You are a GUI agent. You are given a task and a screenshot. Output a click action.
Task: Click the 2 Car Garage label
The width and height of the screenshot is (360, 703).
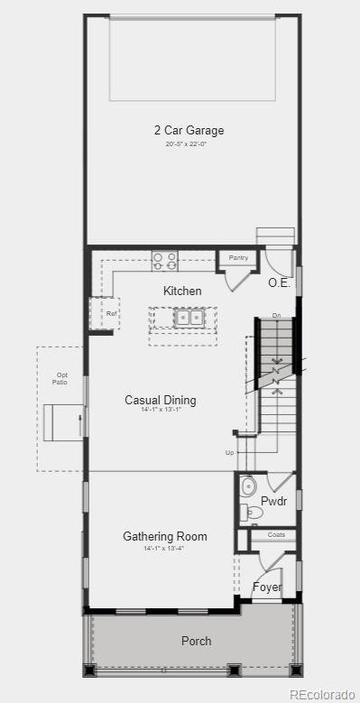189,131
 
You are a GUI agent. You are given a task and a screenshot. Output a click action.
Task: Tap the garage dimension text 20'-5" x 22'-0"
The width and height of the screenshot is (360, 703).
189,144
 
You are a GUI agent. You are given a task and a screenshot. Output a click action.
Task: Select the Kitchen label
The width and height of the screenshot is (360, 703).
182,291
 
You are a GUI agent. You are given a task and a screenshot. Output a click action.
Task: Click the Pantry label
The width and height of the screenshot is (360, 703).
238,258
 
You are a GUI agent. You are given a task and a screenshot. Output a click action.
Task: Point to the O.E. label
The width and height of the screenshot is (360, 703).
279,282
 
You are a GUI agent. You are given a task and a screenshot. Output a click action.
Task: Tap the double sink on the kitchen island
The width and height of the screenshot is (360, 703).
188,317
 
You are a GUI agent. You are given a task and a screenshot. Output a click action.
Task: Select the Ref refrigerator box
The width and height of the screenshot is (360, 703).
112,314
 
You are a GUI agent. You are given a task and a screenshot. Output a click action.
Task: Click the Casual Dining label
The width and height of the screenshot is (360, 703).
160,400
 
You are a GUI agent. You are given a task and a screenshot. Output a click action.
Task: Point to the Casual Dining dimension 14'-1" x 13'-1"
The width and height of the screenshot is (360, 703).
161,412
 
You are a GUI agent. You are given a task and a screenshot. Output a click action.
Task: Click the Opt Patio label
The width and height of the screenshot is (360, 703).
61,378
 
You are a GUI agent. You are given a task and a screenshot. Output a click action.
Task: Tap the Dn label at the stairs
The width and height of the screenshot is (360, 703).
276,316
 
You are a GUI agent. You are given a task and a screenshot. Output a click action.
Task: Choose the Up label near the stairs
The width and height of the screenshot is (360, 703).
230,452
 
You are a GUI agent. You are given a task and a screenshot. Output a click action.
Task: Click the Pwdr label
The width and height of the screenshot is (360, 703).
273,502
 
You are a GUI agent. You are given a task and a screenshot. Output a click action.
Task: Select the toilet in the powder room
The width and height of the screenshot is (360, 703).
253,513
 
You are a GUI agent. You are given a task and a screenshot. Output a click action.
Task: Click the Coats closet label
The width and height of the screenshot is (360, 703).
275,535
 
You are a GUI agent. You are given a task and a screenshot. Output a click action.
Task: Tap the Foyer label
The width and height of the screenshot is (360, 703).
267,587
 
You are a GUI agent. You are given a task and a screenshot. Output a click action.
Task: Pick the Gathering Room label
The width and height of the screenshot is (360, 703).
165,536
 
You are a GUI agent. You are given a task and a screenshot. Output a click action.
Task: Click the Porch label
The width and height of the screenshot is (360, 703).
196,641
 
